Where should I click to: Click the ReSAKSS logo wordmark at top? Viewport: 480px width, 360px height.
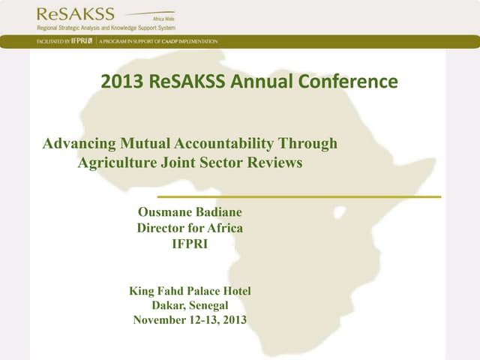pos(75,13)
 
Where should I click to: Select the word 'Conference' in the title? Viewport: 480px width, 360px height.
pos(351,82)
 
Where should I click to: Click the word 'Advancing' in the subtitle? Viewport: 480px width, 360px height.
pos(79,143)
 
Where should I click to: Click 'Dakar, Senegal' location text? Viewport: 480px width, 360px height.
pos(190,305)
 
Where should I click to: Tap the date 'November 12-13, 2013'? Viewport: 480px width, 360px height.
pos(190,320)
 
